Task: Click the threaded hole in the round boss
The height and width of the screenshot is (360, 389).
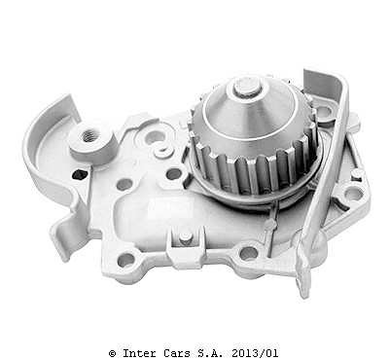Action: click(x=88, y=135)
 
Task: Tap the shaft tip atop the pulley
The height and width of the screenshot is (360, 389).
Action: click(x=246, y=87)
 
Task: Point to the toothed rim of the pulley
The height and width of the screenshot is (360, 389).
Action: click(x=256, y=168)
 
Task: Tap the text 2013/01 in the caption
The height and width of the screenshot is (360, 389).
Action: click(x=255, y=353)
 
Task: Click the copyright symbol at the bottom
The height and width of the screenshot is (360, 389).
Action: click(x=112, y=353)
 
